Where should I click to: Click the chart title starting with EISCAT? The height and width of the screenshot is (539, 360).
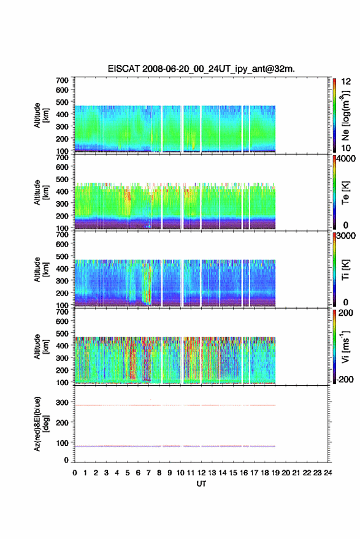click(201, 69)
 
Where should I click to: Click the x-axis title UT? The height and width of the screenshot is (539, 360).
click(201, 484)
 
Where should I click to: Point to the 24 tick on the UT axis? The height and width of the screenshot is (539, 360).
click(327, 473)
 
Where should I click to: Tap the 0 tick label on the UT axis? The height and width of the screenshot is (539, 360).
click(75, 473)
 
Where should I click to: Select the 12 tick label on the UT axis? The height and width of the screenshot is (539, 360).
click(201, 473)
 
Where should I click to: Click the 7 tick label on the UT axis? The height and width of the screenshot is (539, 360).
click(148, 473)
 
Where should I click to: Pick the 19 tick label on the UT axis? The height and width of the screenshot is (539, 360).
click(275, 473)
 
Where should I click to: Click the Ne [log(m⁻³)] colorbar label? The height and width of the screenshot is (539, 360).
click(345, 115)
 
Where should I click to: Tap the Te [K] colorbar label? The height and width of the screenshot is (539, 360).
click(345, 193)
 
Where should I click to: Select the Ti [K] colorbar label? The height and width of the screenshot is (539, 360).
click(345, 270)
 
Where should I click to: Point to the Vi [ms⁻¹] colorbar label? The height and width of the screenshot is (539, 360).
click(345, 346)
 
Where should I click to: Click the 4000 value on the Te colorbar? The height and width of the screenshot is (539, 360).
click(346, 159)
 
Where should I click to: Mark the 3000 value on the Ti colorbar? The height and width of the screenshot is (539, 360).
click(346, 236)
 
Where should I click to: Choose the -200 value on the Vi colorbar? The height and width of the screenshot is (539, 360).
click(345, 380)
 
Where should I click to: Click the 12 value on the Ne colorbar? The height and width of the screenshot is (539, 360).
click(347, 82)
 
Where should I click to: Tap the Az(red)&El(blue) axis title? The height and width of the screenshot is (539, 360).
click(41, 424)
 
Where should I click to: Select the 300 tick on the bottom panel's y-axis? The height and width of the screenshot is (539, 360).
click(62, 402)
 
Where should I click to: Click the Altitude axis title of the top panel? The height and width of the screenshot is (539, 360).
click(41, 115)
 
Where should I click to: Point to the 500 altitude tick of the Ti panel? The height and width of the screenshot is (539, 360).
click(62, 256)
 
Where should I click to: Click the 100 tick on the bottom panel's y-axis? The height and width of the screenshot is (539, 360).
click(62, 443)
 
